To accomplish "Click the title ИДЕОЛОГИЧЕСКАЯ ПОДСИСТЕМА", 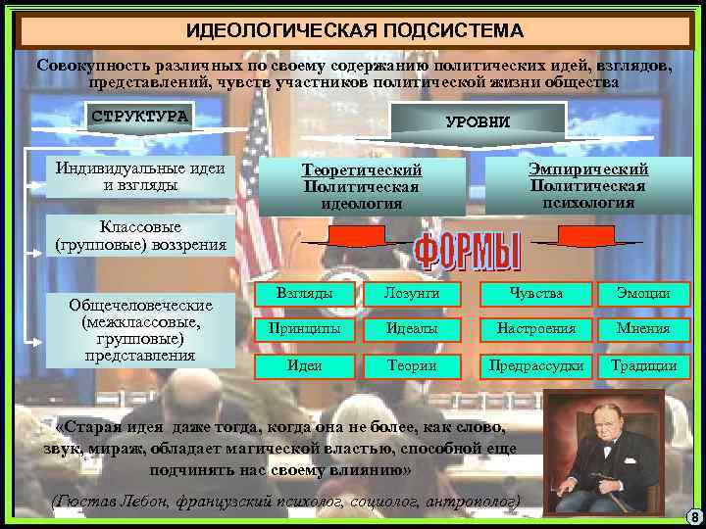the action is click(x=354, y=29).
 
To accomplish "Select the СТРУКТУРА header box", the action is click(x=139, y=117).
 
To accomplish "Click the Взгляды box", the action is click(x=304, y=293).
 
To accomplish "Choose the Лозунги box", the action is click(x=412, y=293).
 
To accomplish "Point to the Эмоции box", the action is click(x=643, y=293).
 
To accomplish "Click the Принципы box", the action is click(x=304, y=329).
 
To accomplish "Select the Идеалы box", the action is click(x=412, y=329).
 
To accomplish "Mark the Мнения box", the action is click(x=643, y=329).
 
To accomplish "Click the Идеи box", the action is click(x=304, y=365).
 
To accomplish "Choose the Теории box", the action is click(x=412, y=365).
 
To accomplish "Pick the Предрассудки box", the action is click(x=536, y=365).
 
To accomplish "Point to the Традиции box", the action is click(x=643, y=365).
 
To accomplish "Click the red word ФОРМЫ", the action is click(x=468, y=253).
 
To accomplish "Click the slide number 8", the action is click(x=692, y=517).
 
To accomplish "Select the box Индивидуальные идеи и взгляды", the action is click(x=140, y=175).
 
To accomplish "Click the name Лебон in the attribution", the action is click(x=143, y=502).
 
